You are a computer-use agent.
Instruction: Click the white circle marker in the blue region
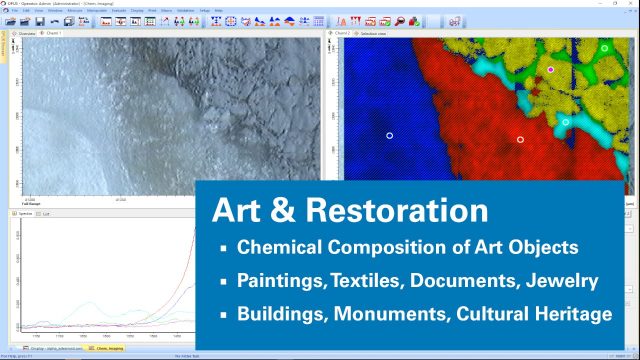pyautogui.click(x=390, y=135)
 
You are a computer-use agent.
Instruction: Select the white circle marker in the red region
pyautogui.click(x=520, y=139)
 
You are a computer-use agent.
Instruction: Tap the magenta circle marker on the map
pyautogui.click(x=550, y=70)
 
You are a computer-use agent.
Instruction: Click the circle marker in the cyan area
pyautogui.click(x=566, y=122)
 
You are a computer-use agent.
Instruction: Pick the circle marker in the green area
pyautogui.click(x=605, y=47)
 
